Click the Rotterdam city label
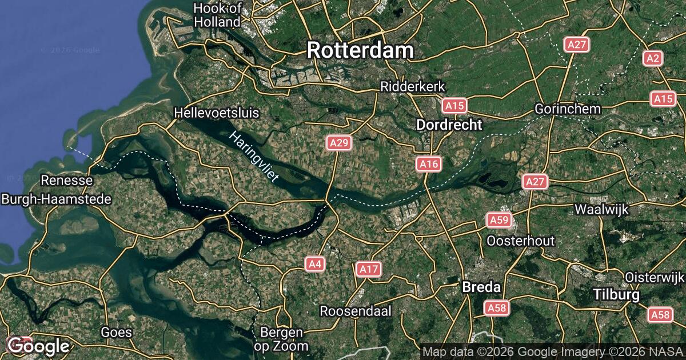point(360,50)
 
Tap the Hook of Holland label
point(217,15)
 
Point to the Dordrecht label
point(449,125)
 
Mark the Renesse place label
point(67,181)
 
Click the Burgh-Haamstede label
point(57,199)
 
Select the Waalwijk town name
point(601,209)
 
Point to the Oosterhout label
point(520,241)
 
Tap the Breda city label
point(481,287)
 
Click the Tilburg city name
point(616,295)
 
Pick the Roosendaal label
point(355,311)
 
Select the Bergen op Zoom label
point(281,339)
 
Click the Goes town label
point(116,332)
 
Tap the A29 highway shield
point(339,143)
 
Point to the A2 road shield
point(653,58)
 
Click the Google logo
point(38,346)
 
